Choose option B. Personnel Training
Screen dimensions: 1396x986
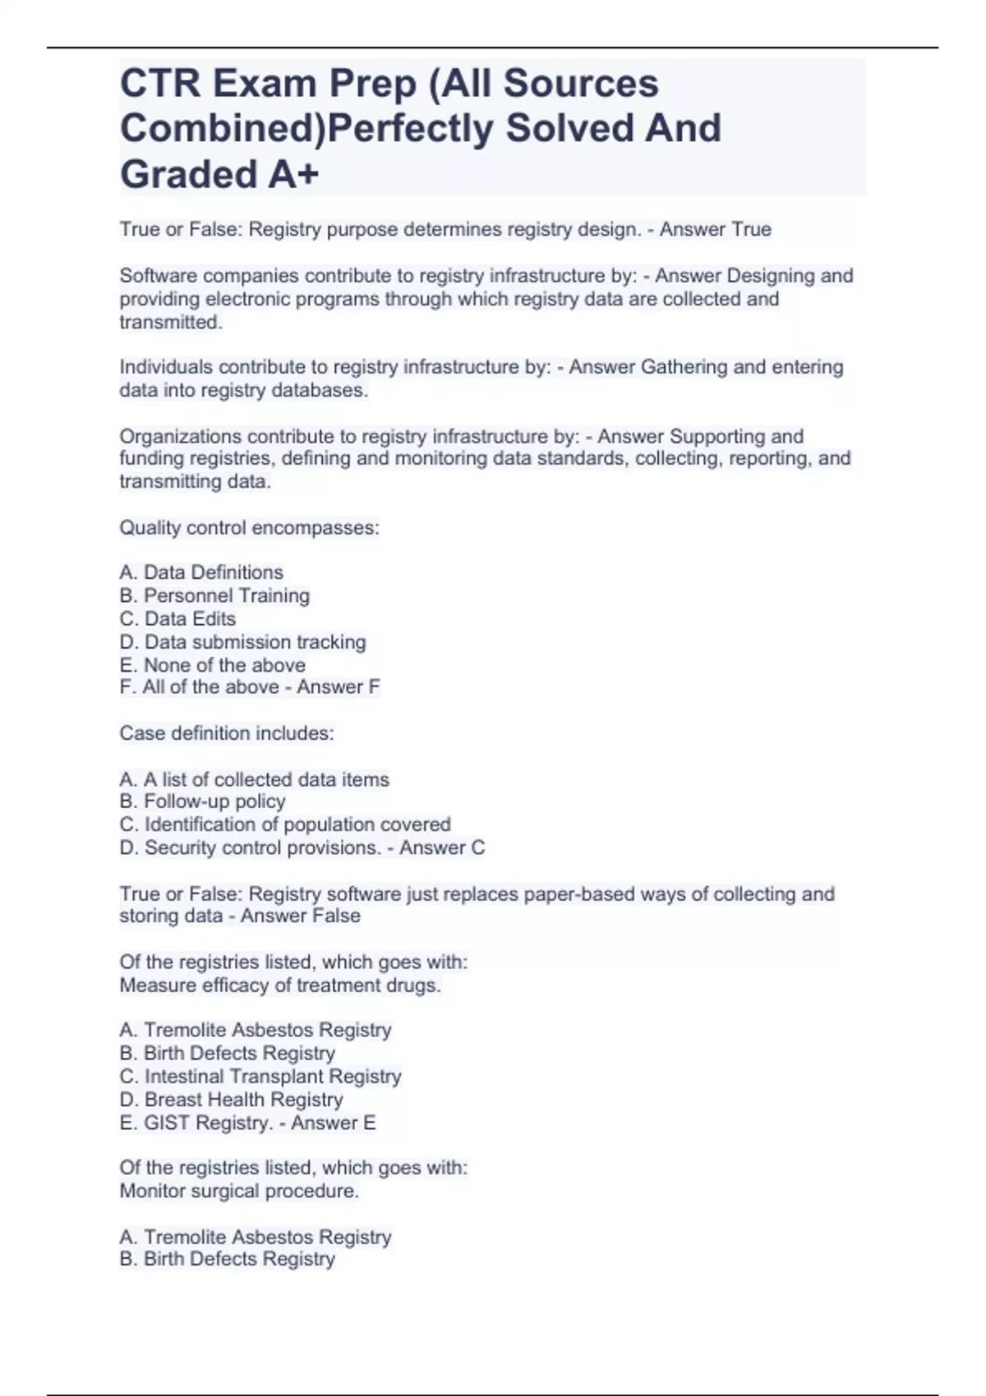coord(214,595)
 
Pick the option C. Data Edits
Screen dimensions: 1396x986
coord(177,618)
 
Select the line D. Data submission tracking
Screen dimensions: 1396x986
coord(242,641)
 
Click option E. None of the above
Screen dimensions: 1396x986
coord(212,664)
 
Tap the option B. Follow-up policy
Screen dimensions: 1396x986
coord(202,801)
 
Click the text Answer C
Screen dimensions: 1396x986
coord(442,847)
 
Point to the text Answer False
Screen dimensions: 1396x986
coord(300,916)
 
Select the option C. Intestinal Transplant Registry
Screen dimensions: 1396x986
coord(260,1077)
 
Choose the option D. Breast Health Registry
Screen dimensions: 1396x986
coord(231,1100)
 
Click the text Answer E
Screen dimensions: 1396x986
coord(333,1123)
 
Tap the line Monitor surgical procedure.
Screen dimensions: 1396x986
coord(239,1191)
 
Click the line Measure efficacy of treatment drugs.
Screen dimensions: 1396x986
coord(280,985)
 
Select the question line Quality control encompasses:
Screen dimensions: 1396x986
coord(249,527)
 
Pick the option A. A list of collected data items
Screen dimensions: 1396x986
coord(254,779)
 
